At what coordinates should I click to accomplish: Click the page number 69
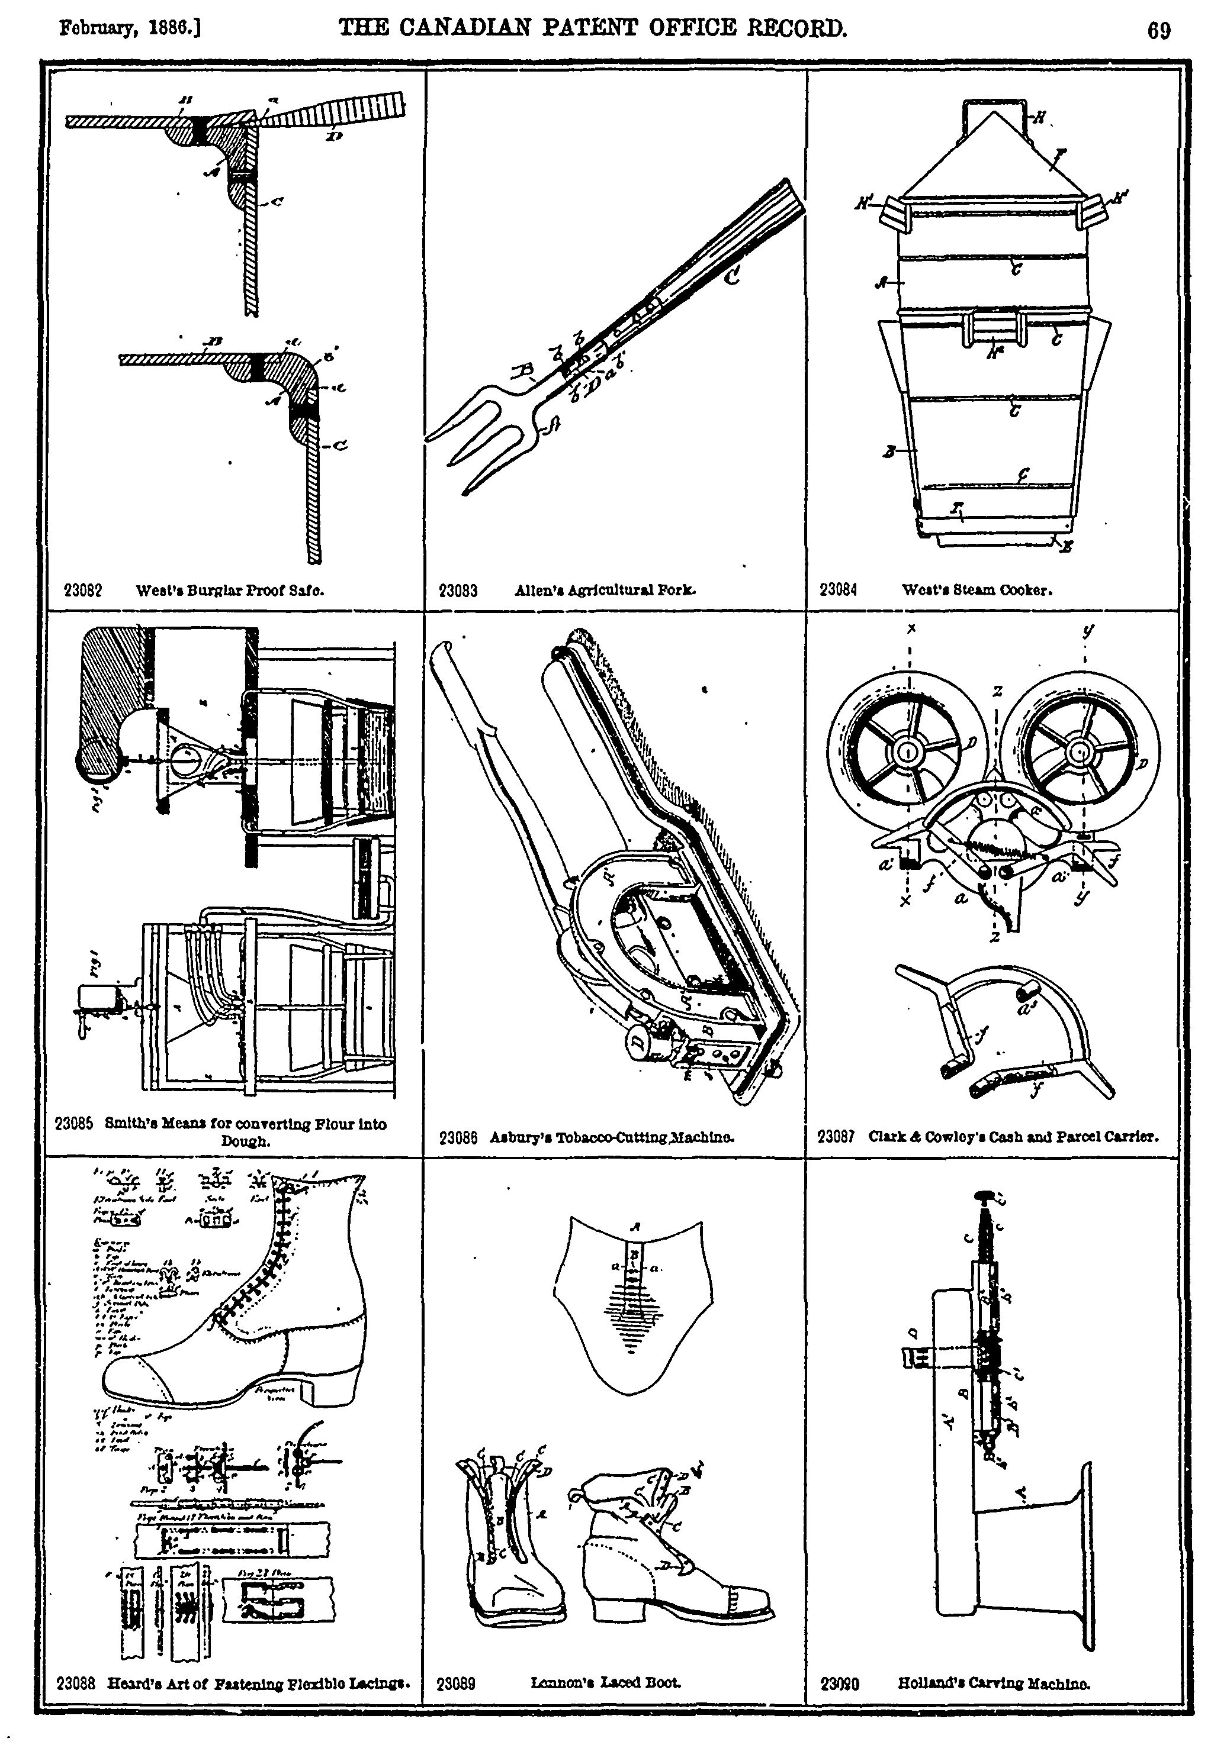(x=1158, y=31)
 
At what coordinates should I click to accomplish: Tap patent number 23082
(x=83, y=591)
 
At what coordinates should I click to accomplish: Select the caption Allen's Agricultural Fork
(x=605, y=590)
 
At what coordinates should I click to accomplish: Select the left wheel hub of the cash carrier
(x=907, y=753)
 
